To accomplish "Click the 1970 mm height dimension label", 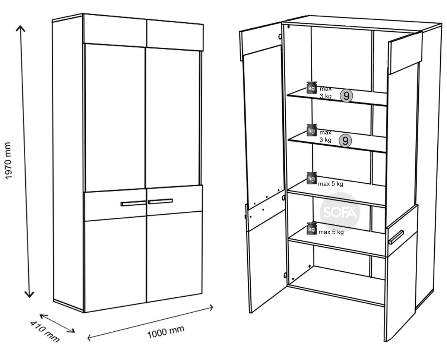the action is (x=8, y=161).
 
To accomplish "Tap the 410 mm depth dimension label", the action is (x=45, y=332).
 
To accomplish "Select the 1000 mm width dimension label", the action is (x=166, y=332).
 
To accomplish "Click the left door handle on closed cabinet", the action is (x=133, y=203).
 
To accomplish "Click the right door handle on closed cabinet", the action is (x=160, y=201).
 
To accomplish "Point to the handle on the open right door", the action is (x=396, y=237).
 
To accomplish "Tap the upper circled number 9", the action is (x=346, y=96).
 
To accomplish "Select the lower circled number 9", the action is (x=345, y=141).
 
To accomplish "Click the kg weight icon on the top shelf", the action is (x=311, y=88).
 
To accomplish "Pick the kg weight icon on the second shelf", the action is (x=311, y=130).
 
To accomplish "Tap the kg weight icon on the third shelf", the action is (x=311, y=178).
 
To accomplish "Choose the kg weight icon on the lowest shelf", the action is (x=311, y=228).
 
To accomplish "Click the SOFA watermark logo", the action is (x=340, y=212).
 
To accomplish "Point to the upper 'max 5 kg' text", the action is (x=331, y=184).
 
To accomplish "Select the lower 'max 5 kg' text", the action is (x=331, y=232).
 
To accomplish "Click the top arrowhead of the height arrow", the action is (x=20, y=26).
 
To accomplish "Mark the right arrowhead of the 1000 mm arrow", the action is (x=212, y=307).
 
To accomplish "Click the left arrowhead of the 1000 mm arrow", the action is (x=88, y=338).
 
